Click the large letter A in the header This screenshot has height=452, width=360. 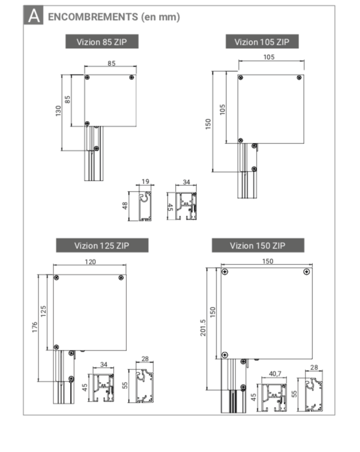point(34,15)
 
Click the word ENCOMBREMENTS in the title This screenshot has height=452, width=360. point(93,17)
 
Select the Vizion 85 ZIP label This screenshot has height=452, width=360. point(102,42)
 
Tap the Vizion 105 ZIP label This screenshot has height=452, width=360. point(262,42)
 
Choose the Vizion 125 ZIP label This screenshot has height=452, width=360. point(102,246)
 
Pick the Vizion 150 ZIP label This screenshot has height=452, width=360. point(258,246)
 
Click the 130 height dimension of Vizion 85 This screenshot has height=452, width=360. point(58,111)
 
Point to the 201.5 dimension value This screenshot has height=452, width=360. point(203,328)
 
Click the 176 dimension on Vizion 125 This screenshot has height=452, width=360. point(35,327)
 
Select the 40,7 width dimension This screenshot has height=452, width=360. point(275,373)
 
